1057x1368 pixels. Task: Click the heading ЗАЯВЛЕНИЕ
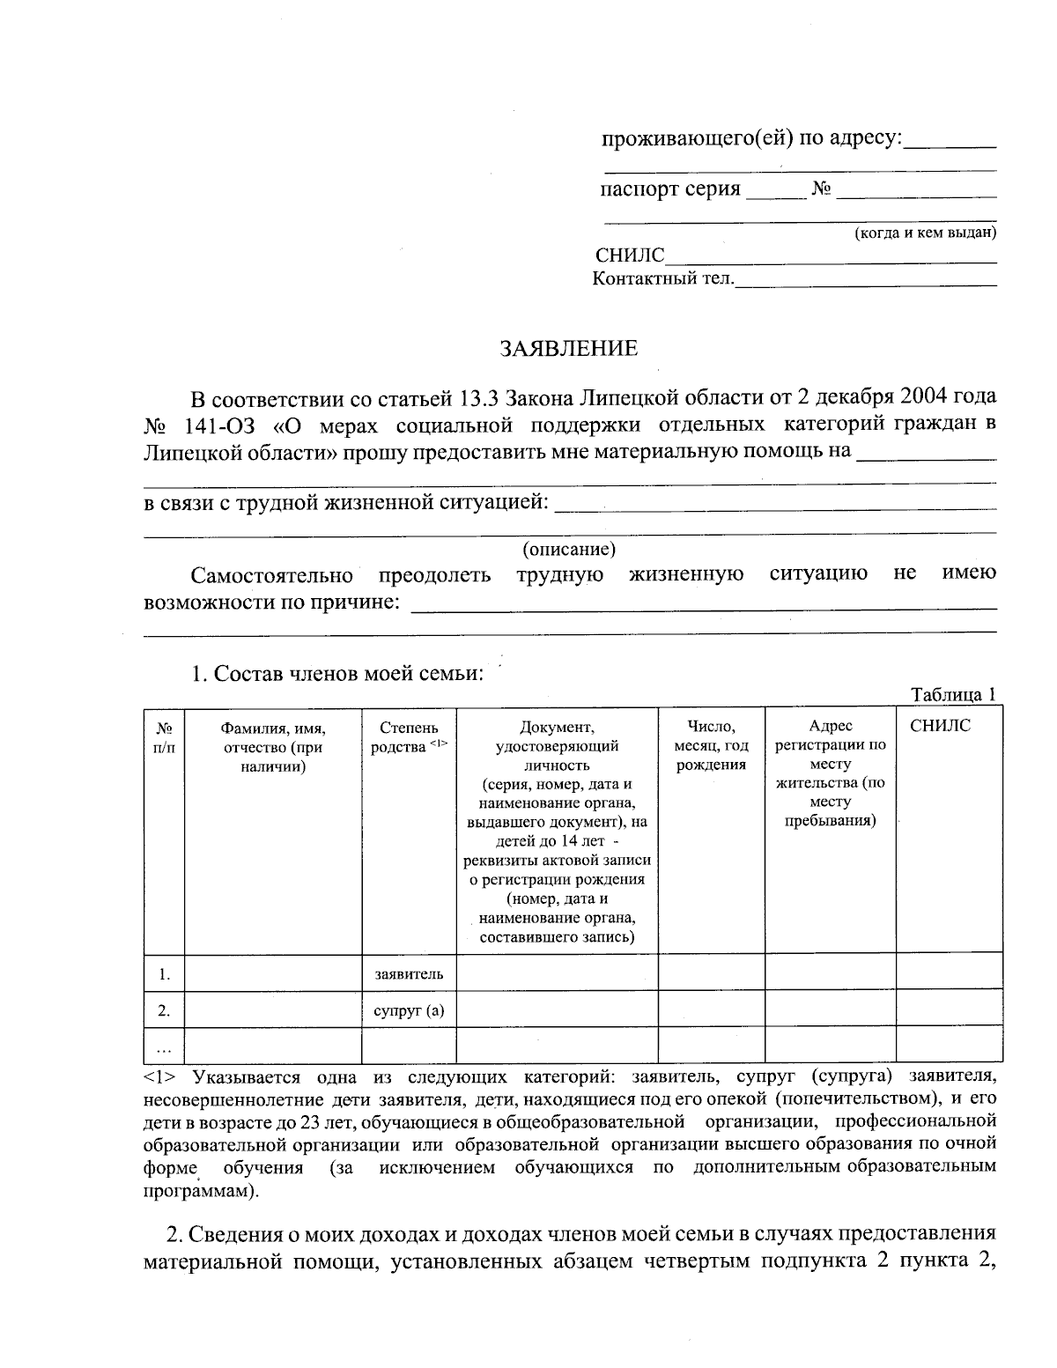tap(568, 349)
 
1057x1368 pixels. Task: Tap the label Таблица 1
tap(953, 694)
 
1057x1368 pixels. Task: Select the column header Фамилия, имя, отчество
tap(273, 747)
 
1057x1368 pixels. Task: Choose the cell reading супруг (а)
tap(408, 1010)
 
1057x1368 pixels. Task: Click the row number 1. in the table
tap(164, 973)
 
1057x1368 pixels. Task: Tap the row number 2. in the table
tap(164, 1010)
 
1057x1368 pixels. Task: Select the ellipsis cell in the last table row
tap(164, 1046)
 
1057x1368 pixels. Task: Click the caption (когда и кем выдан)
tap(925, 233)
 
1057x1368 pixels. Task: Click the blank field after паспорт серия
tap(775, 193)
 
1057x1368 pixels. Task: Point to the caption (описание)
tap(568, 550)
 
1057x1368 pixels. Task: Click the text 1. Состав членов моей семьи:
tap(337, 674)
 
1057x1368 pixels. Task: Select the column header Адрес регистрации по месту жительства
tap(830, 773)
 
